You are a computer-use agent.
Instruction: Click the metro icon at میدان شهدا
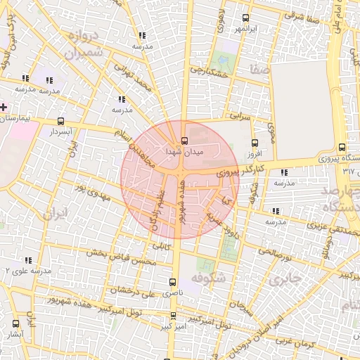tap(184, 140)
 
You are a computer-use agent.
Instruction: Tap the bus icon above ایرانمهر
tap(245, 18)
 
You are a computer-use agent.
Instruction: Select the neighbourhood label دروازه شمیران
tap(84, 44)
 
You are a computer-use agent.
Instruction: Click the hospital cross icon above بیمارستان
tap(4, 107)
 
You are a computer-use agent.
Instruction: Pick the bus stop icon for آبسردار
tap(61, 121)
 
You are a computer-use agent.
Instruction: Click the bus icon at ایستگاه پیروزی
tap(342, 148)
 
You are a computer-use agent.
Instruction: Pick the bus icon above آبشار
tap(15, 323)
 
